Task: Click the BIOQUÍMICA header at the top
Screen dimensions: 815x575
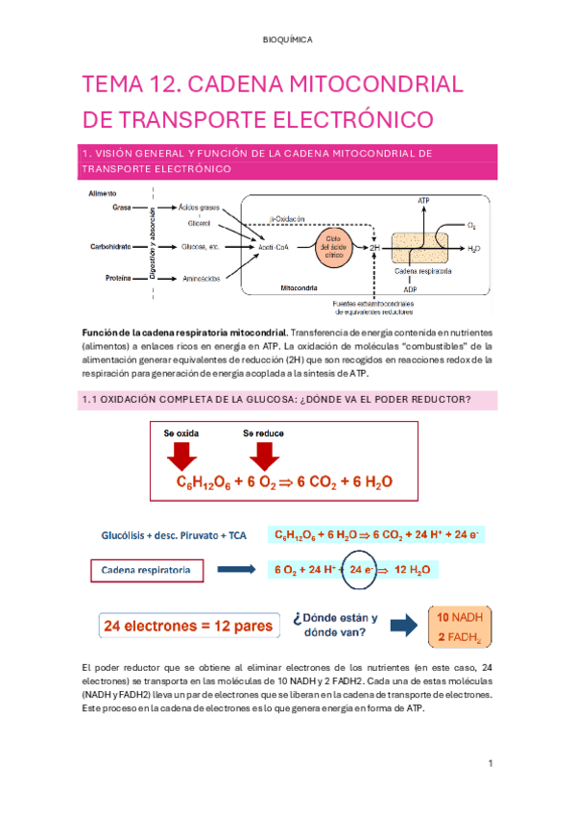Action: point(287,40)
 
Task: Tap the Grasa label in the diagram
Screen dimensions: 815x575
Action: point(122,207)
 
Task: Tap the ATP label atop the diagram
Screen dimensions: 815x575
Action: point(423,200)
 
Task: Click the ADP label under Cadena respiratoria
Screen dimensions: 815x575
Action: point(410,288)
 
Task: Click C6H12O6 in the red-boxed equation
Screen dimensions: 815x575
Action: point(204,482)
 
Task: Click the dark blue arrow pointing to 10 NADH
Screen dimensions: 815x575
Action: point(405,628)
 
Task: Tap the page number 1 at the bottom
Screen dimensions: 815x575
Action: point(490,763)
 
